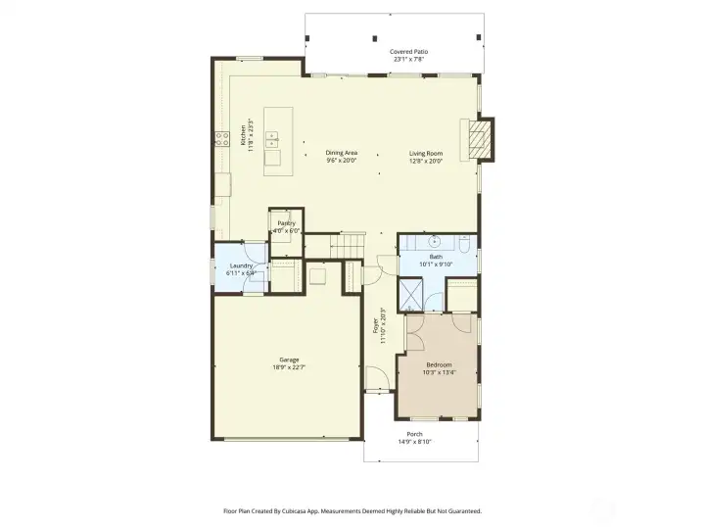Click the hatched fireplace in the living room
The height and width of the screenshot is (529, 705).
[x=478, y=138]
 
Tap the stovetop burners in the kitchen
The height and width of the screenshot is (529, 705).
[x=214, y=138]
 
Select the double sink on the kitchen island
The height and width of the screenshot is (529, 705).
[x=273, y=140]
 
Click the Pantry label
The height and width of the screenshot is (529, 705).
[x=286, y=224]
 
